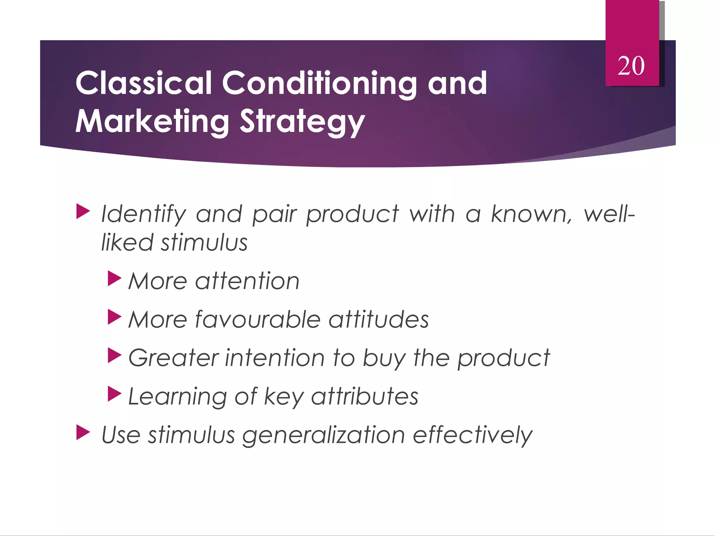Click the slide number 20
point(631,66)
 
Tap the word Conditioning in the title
point(319,84)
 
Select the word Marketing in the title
point(152,121)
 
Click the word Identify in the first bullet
point(143,214)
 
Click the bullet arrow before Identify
point(83,211)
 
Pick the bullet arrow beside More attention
point(115,278)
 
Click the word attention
point(247,281)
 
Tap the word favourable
point(258,319)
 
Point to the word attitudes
point(378,319)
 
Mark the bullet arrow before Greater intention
point(115,356)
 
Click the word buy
point(384,359)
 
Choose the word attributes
point(364,396)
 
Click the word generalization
point(323,435)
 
